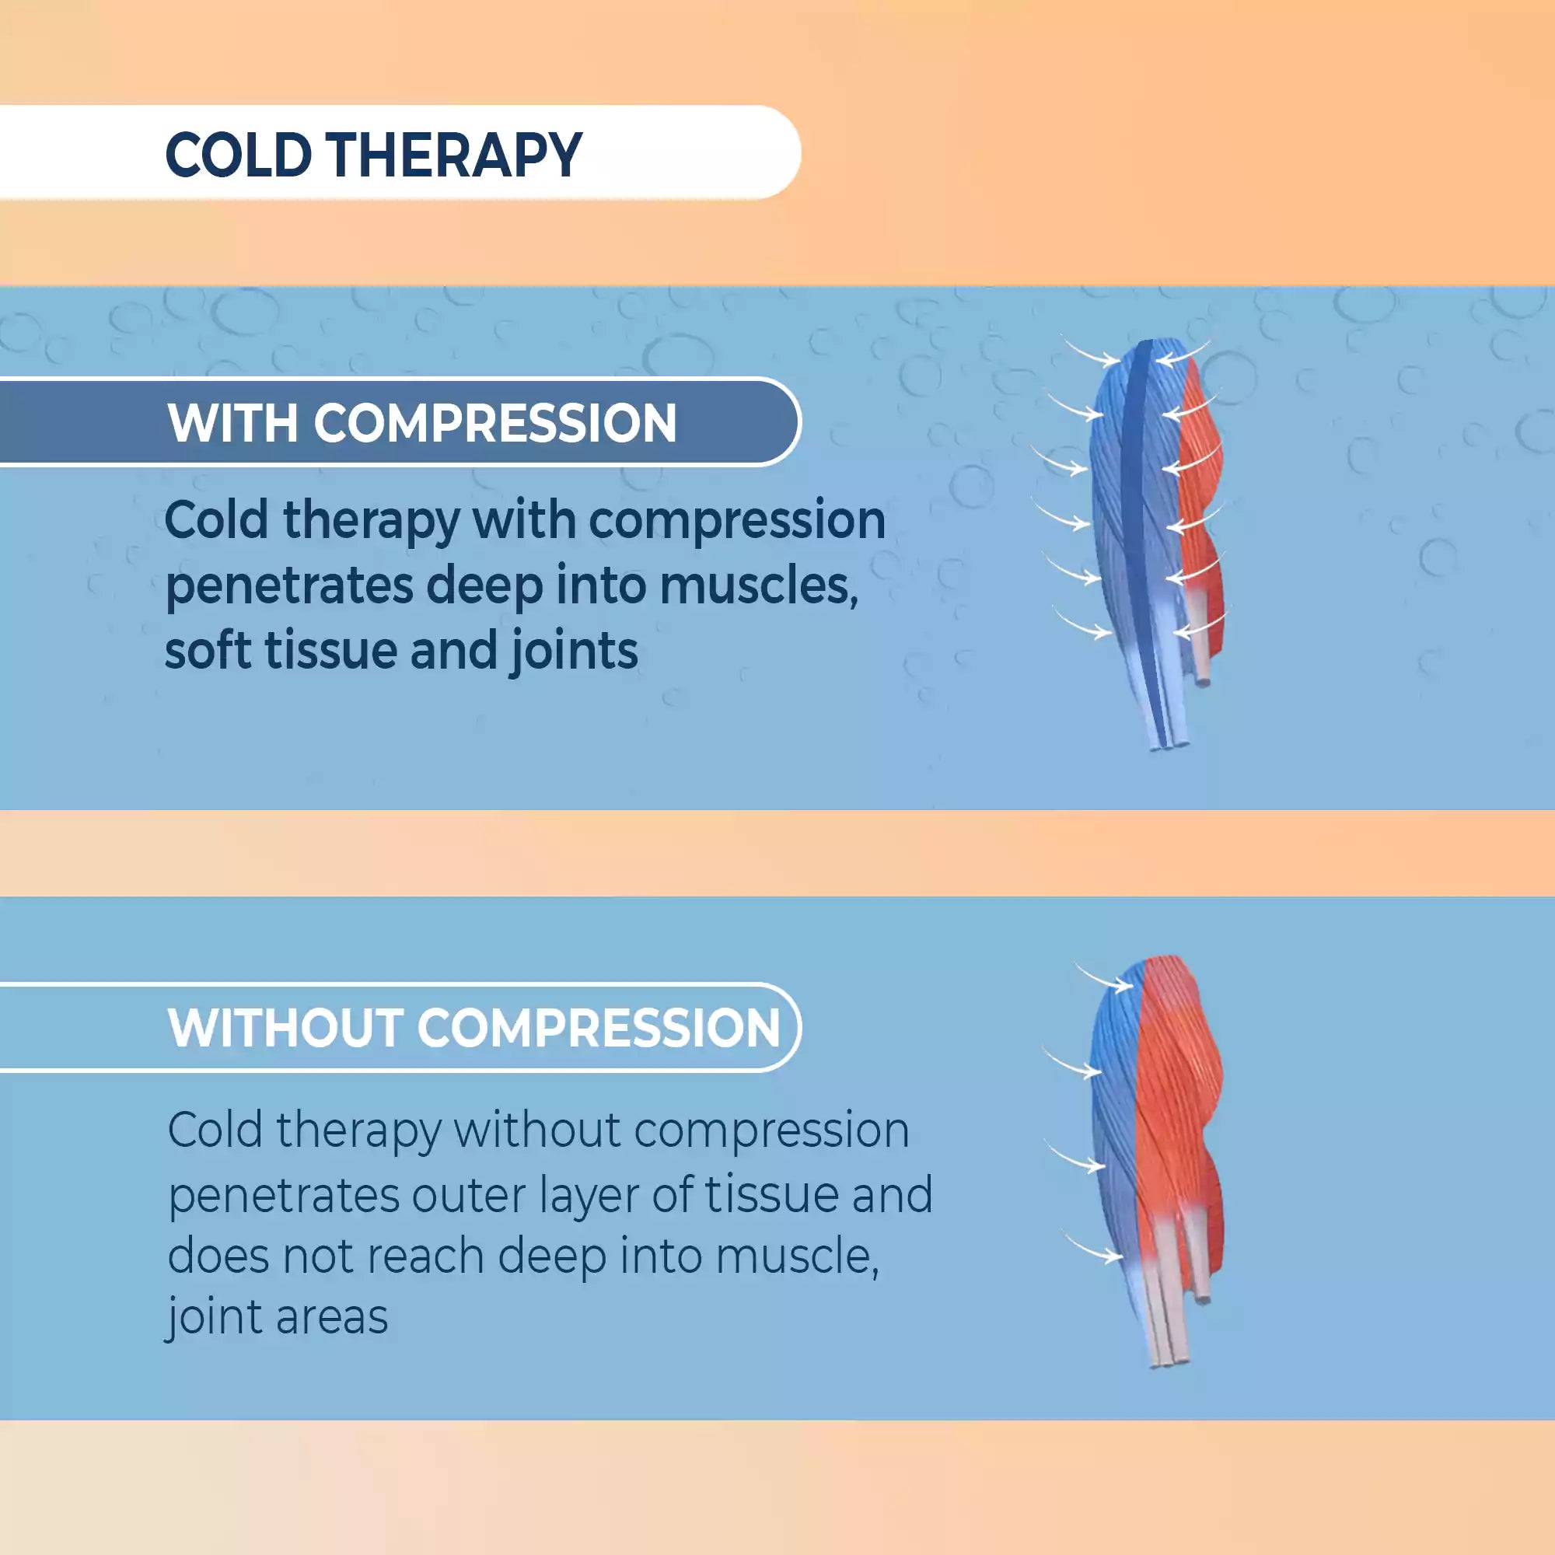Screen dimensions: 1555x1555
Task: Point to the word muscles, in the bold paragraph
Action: point(758,586)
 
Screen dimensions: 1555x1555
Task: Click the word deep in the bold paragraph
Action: point(484,586)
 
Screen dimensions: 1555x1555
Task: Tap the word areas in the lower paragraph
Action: point(332,1319)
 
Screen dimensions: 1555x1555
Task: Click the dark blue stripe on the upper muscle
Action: point(1135,483)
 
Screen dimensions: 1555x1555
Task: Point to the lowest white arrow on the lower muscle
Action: point(1095,1248)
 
